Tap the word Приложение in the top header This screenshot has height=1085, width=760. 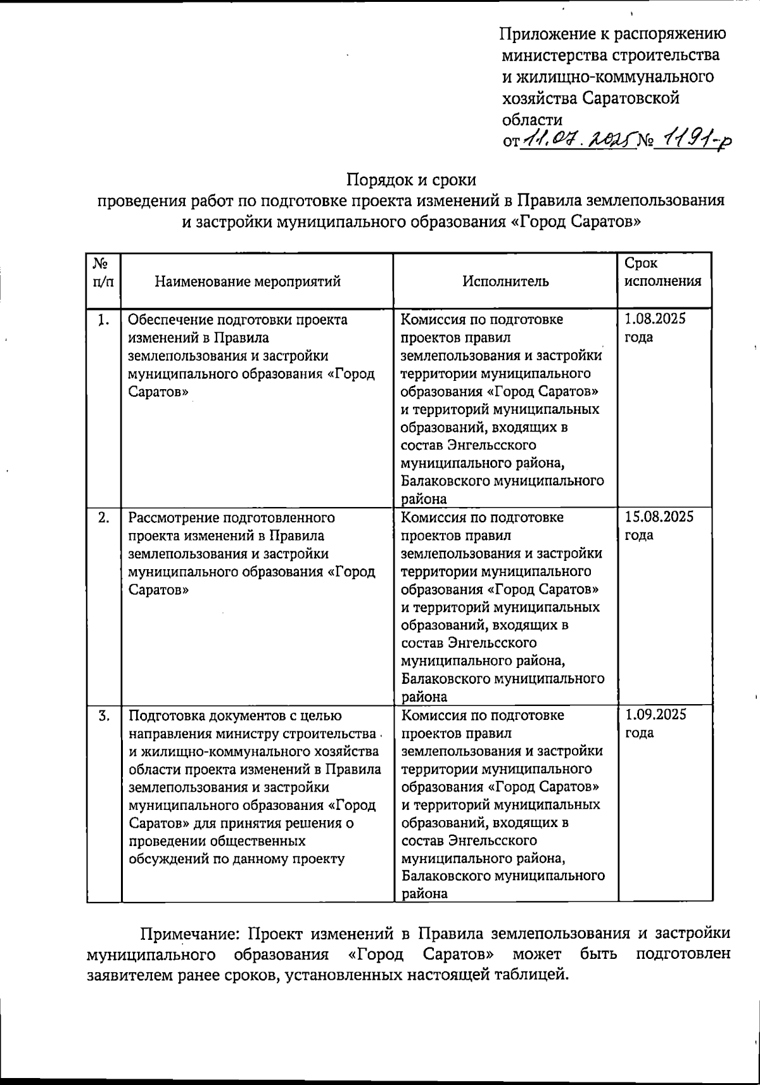pos(541,34)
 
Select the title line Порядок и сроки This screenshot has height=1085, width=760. pos(411,179)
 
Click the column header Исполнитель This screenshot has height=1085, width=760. pos(505,281)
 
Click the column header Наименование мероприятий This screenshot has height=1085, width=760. pos(248,281)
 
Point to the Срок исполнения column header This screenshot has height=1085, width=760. pos(662,273)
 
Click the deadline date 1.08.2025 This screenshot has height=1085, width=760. pos(655,319)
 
